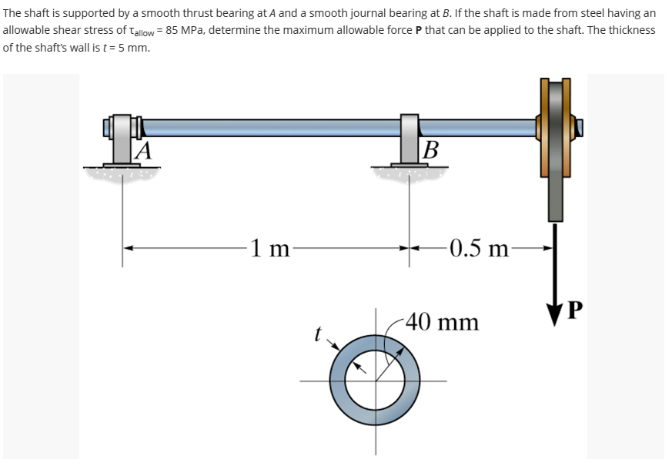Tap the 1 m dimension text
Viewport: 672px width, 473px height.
tap(269, 248)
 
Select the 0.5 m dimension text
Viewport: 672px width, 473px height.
tap(480, 248)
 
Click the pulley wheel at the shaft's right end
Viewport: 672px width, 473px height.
tap(555, 146)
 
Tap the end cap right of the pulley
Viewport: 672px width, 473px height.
tap(580, 127)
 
